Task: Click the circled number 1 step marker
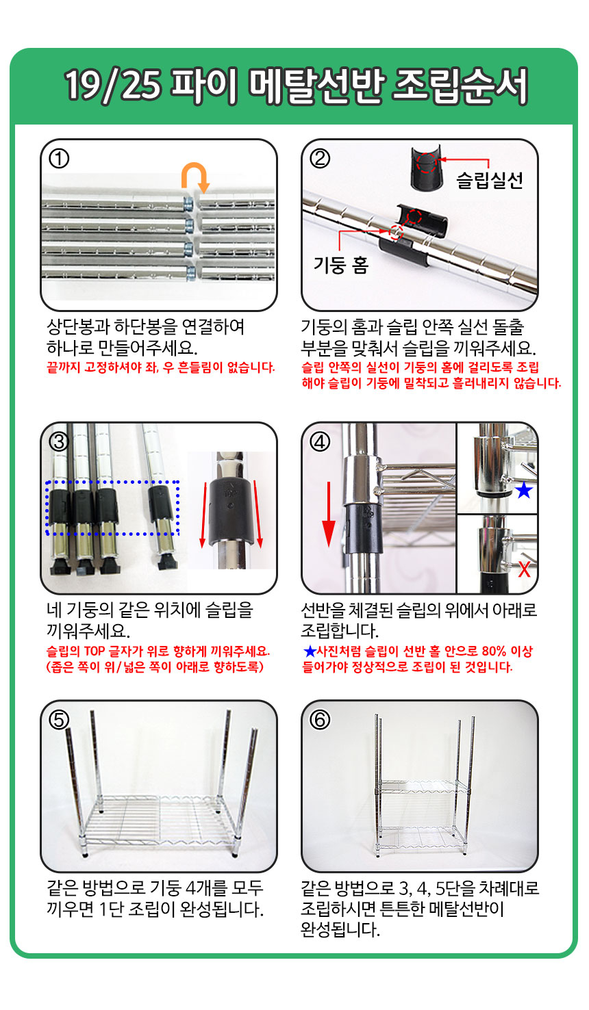click(x=59, y=159)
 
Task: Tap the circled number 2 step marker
click(x=320, y=159)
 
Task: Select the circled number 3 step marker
click(x=59, y=441)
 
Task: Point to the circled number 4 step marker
click(x=320, y=441)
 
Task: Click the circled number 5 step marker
click(x=59, y=720)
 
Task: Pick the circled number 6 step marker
click(x=320, y=720)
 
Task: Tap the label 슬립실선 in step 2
click(x=490, y=180)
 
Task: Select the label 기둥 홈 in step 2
click(x=340, y=264)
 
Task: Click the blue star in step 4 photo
click(x=524, y=490)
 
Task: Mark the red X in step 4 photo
click(x=524, y=569)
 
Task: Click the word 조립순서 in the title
click(x=460, y=87)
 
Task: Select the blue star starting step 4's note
click(x=309, y=651)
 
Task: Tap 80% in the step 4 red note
click(x=493, y=651)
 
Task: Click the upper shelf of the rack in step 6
click(x=420, y=785)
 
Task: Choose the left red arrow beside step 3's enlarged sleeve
click(x=203, y=513)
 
